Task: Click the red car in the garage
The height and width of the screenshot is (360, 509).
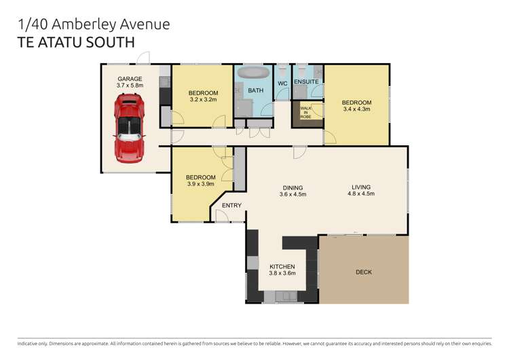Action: [130, 128]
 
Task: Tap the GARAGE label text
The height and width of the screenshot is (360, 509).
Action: [130, 79]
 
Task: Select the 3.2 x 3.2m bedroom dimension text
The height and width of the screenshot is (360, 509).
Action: [202, 100]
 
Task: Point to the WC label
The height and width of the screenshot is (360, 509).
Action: [283, 83]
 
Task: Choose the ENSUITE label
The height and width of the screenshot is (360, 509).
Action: [307, 82]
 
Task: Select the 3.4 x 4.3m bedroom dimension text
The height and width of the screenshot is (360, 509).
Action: [357, 109]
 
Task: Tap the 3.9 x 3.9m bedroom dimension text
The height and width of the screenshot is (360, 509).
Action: [200, 183]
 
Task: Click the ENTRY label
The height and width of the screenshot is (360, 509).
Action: [231, 205]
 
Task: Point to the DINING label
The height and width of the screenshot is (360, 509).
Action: [293, 188]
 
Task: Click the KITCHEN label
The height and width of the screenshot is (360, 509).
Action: [282, 266]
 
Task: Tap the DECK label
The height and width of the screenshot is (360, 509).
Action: [364, 272]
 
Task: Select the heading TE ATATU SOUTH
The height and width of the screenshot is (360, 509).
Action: [75, 41]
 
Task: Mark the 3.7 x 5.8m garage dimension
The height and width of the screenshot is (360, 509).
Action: [130, 86]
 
